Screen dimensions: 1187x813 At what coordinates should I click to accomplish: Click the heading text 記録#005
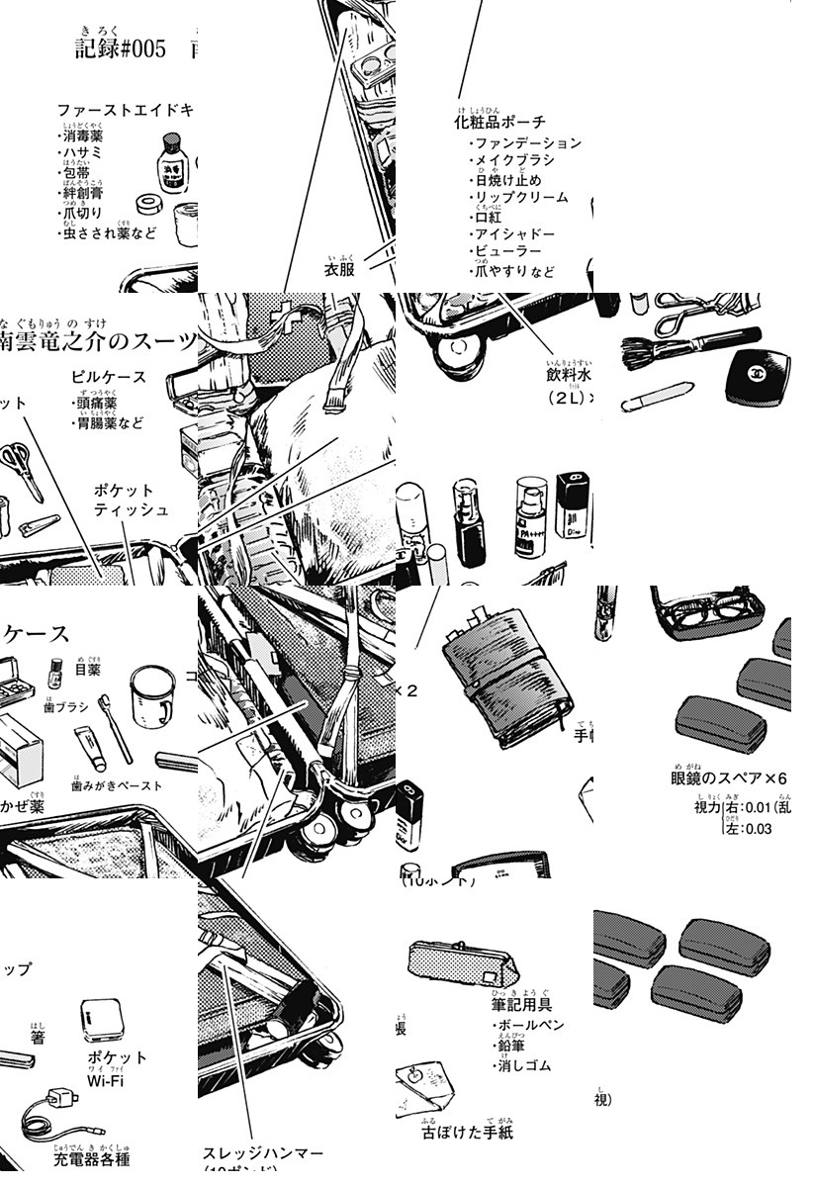point(121,48)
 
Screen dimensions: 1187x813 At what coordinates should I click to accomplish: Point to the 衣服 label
point(339,269)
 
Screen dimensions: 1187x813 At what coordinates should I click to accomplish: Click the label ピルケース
point(109,377)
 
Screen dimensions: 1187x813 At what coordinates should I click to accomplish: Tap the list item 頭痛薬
point(97,404)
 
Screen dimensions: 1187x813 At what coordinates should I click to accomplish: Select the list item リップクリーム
point(521,197)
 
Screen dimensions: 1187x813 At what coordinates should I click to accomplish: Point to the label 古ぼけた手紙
point(467,1132)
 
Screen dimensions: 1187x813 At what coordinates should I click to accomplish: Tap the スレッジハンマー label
point(262,1153)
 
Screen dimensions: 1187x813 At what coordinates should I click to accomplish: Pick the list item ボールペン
point(531,1026)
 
